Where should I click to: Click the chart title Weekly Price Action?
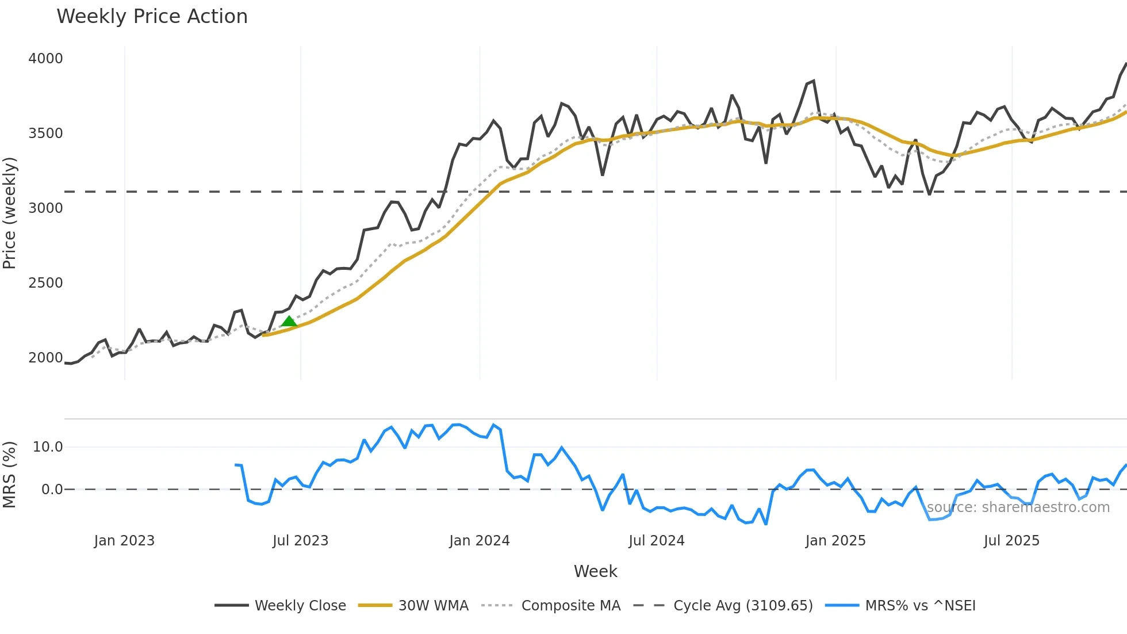pos(152,17)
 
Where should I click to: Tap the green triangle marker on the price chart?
pos(289,321)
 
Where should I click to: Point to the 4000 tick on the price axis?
pos(45,59)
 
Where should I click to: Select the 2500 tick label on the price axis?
pos(45,283)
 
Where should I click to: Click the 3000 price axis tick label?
pos(45,208)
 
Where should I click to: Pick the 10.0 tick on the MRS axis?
pos(48,447)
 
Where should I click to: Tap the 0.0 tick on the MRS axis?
pos(52,490)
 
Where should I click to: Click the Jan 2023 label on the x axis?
pos(124,541)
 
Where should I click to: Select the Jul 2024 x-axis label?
pos(656,541)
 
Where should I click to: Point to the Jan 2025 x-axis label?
pos(835,541)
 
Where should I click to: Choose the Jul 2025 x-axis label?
pos(1011,541)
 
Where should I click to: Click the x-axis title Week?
pos(595,571)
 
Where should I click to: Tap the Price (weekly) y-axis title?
pos(10,213)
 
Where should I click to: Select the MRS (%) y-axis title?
pos(10,475)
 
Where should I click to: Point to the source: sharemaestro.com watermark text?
pos(1018,507)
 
